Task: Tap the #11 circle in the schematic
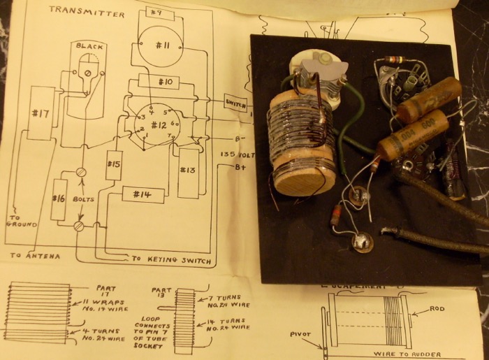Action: [162, 45]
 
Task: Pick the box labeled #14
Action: [142, 195]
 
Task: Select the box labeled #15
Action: [115, 165]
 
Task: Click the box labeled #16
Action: [59, 199]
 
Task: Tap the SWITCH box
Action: [235, 103]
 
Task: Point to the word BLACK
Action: [89, 46]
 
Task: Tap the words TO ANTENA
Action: [34, 256]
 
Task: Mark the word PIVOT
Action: [304, 334]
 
